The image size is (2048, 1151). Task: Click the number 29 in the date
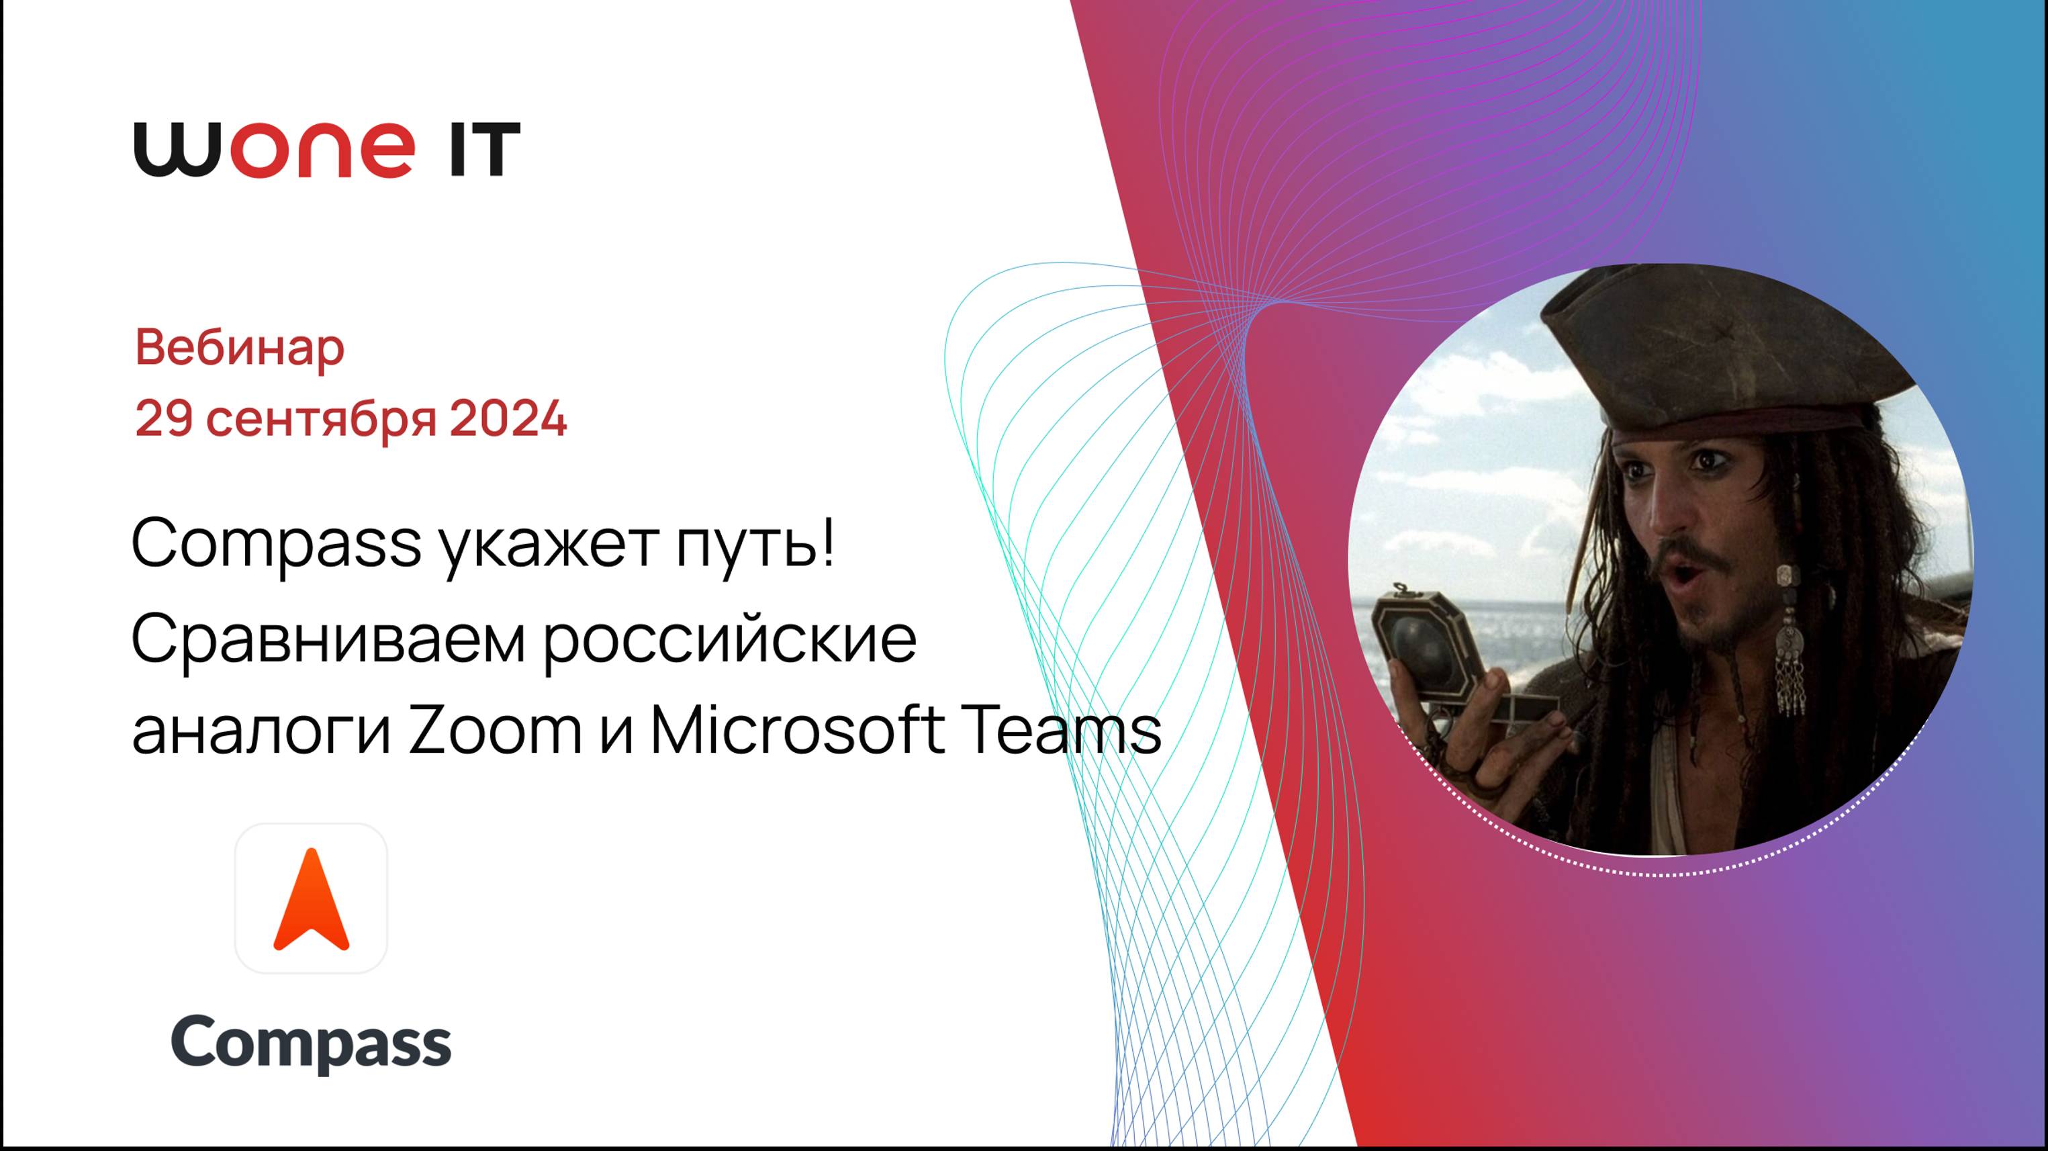[x=164, y=418]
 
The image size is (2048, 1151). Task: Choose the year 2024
[x=508, y=418]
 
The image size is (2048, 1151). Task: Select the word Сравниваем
[x=328, y=639]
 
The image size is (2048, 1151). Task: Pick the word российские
[x=730, y=639]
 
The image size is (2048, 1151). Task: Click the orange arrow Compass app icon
[x=311, y=899]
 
